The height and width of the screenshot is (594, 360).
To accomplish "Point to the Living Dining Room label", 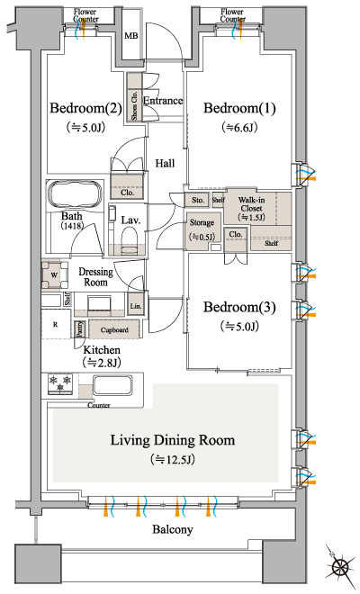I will coord(173,440).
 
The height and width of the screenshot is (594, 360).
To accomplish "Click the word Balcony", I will coord(173,530).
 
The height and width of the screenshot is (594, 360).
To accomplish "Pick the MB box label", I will coord(130,36).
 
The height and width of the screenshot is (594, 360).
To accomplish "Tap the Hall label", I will coord(164,163).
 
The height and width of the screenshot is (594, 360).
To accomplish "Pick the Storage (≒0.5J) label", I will coord(202,228).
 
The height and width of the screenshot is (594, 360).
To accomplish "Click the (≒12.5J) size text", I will coord(173,460).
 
